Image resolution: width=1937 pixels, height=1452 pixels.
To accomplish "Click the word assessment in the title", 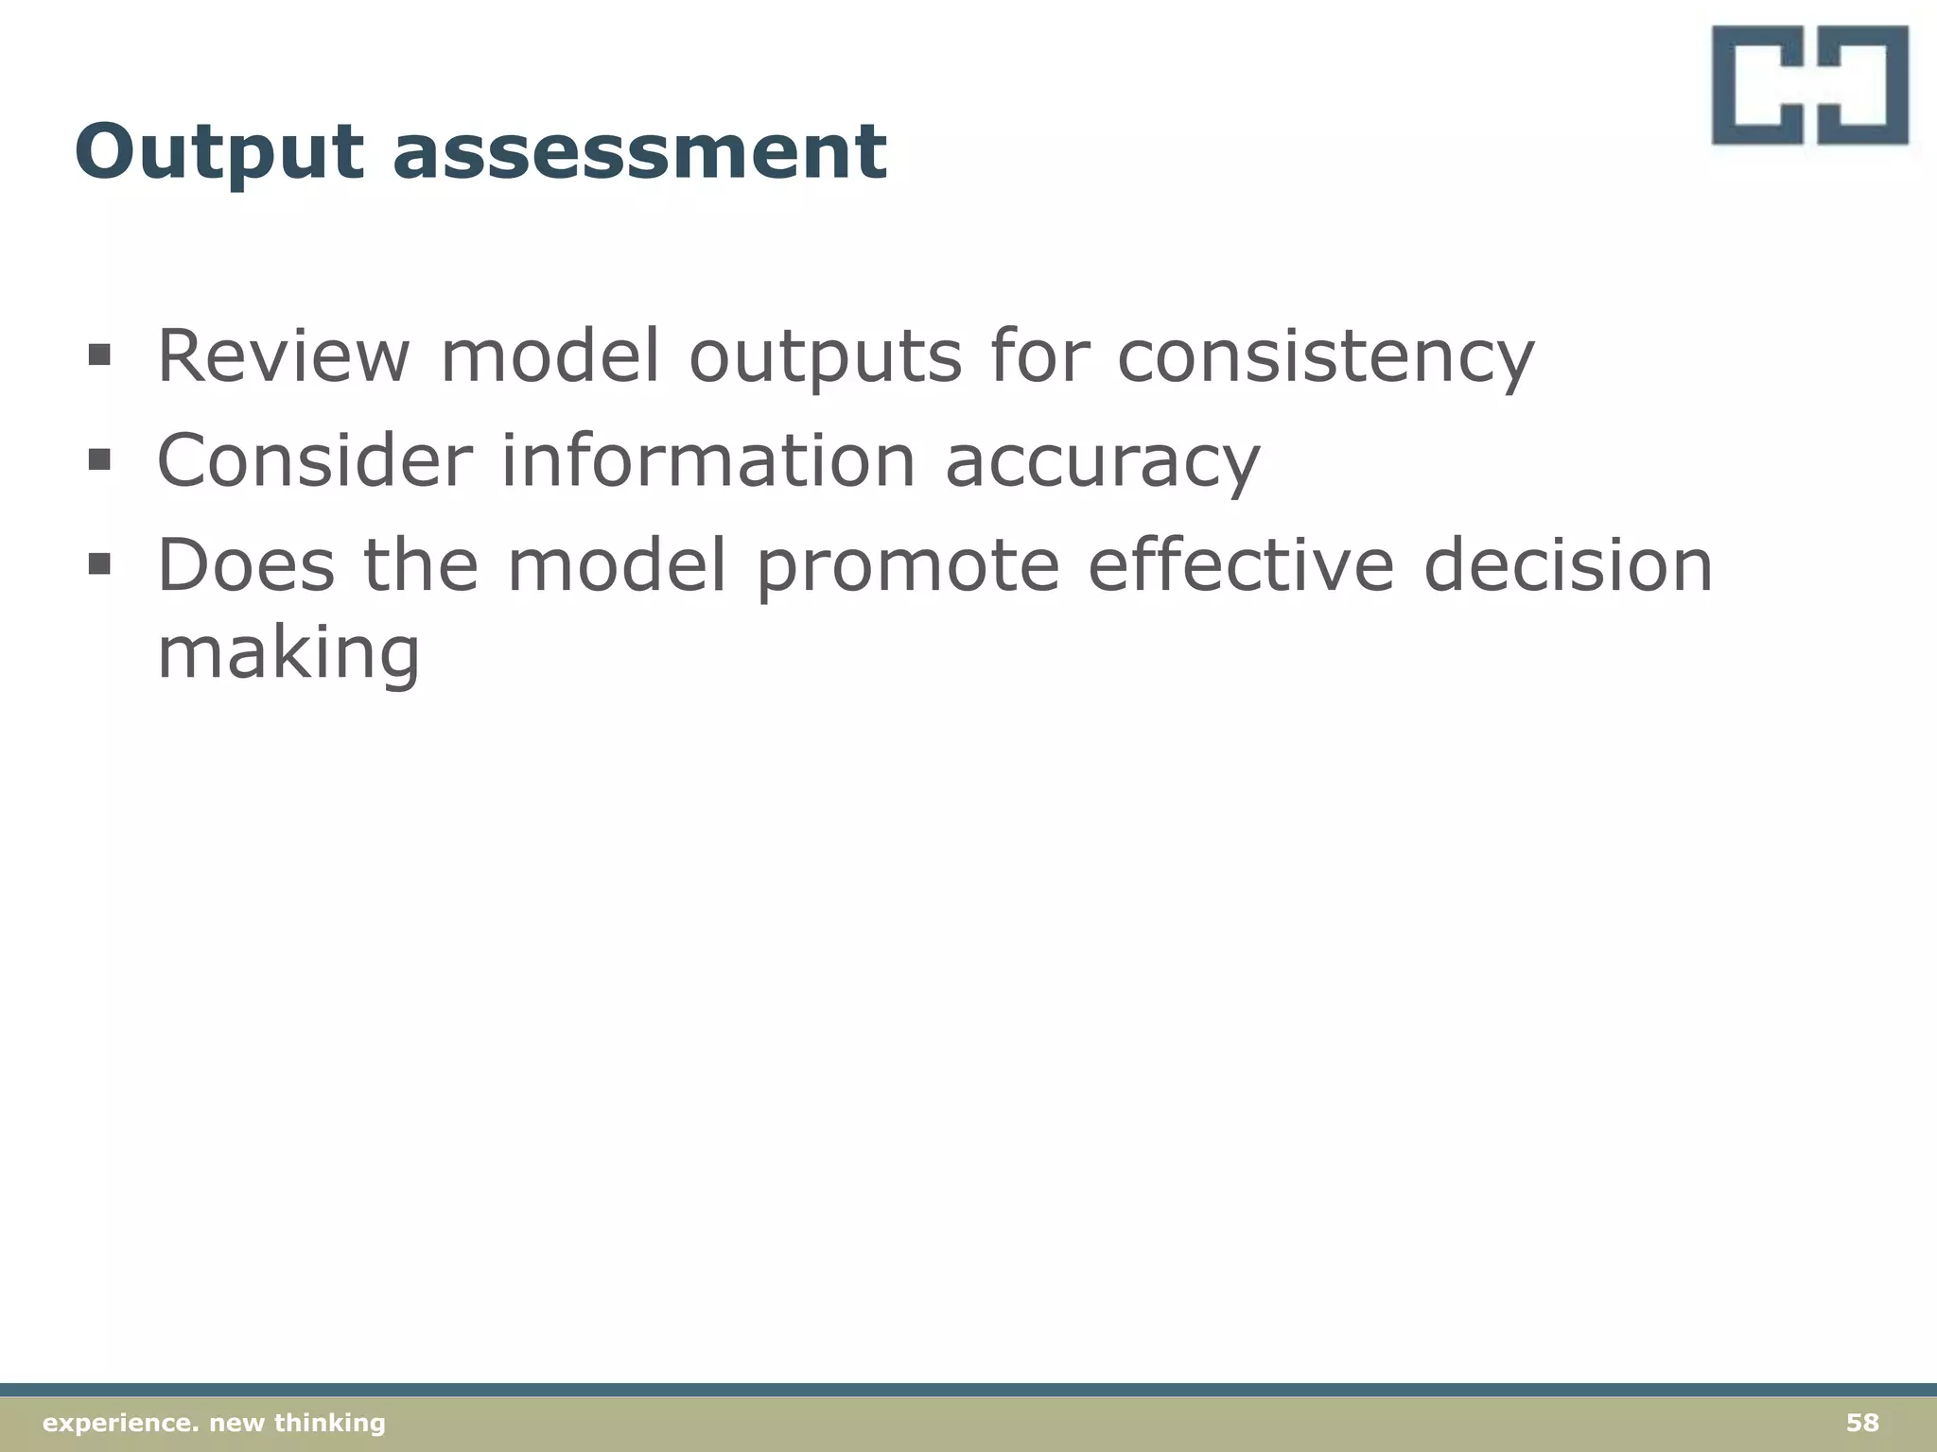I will [x=639, y=153].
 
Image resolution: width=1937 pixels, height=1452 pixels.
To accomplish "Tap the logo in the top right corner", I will [x=1809, y=85].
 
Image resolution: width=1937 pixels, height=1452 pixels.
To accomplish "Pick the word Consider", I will [x=314, y=460].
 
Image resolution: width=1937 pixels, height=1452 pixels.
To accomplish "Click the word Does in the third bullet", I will [x=246, y=564].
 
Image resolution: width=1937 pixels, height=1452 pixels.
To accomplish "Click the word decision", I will [x=1568, y=564].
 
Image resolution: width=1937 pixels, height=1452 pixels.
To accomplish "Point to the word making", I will [x=288, y=654].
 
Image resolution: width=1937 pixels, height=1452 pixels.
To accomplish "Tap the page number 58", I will [x=1862, y=1423].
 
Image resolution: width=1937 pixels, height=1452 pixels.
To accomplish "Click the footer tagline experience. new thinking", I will [x=215, y=1423].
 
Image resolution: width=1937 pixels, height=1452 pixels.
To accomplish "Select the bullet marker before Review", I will [x=99, y=356].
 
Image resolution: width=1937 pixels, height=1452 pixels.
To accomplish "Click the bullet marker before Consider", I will [x=99, y=460].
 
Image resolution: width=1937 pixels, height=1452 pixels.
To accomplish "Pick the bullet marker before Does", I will [x=99, y=564].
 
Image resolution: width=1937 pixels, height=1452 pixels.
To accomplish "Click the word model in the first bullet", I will [x=550, y=356].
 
